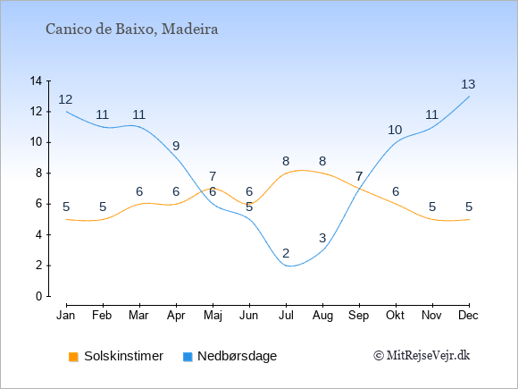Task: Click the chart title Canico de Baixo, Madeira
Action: [x=132, y=30]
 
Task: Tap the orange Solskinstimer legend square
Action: [x=73, y=357]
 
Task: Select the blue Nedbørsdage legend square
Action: [x=188, y=357]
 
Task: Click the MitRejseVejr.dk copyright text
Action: [x=422, y=356]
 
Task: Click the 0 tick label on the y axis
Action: [x=39, y=296]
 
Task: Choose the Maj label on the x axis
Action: [x=213, y=316]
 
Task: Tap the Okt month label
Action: [x=396, y=316]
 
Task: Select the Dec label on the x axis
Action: [x=469, y=316]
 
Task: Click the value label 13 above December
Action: [x=468, y=84]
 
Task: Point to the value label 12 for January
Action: [x=65, y=99]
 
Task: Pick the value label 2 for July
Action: [x=286, y=253]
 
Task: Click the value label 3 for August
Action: [x=322, y=238]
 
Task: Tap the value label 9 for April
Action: [x=176, y=146]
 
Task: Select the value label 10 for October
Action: [x=395, y=130]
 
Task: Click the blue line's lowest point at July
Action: [x=289, y=266]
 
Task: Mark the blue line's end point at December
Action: [x=469, y=97]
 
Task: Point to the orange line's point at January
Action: [x=66, y=219]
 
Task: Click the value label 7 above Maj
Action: [x=213, y=176]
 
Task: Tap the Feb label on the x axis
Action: [x=102, y=316]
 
